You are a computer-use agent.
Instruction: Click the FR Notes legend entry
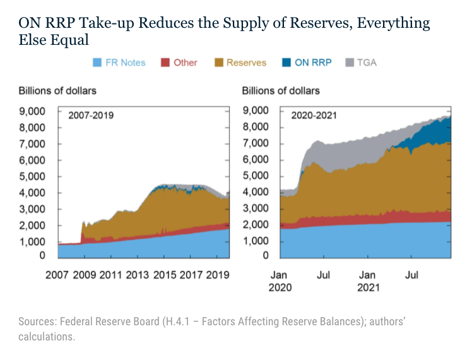[x=119, y=63]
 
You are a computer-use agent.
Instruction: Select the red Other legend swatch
[x=166, y=63]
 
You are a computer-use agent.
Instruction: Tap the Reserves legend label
[x=246, y=63]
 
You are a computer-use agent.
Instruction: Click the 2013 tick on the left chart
[x=138, y=275]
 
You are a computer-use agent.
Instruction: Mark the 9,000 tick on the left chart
[x=32, y=111]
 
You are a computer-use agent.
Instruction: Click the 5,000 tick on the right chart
[x=256, y=176]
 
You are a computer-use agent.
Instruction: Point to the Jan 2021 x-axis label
[x=367, y=280]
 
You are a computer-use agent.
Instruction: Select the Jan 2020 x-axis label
[x=280, y=280]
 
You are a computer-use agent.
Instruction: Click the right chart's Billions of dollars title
[x=281, y=90]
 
